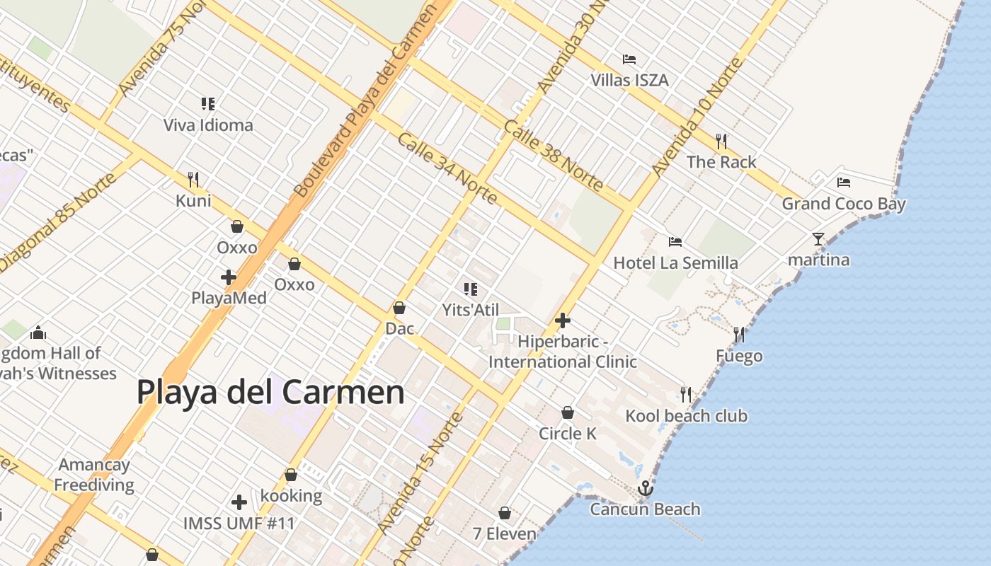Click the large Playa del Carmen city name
[x=270, y=392]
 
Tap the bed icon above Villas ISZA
[x=629, y=59]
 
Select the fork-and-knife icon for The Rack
[x=721, y=141]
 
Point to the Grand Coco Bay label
[x=843, y=204]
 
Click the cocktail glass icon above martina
[x=818, y=239]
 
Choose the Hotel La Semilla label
[x=675, y=263]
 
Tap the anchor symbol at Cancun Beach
[x=645, y=488]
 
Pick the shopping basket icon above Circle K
[x=568, y=412]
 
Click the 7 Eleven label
[x=504, y=534]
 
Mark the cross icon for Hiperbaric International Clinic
[x=563, y=321]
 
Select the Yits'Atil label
[x=471, y=310]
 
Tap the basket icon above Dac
[x=399, y=308]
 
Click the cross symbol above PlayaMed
[x=229, y=277]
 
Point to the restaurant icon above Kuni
[x=193, y=180]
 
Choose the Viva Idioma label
[x=208, y=126]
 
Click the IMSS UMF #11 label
[x=239, y=524]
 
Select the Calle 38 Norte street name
[x=553, y=156]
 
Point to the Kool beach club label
[x=686, y=416]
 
